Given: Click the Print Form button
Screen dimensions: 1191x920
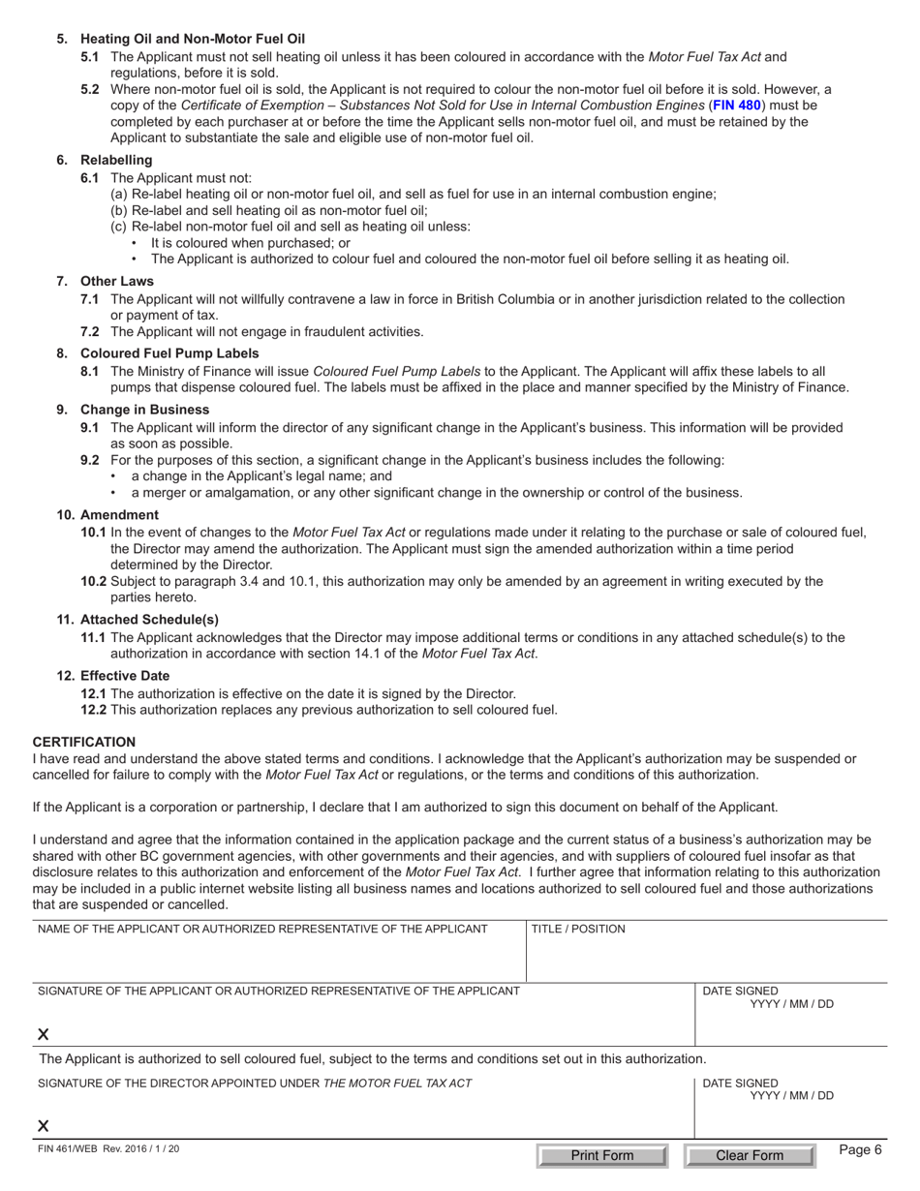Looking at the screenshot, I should point(601,1155).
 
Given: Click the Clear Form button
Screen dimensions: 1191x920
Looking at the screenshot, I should point(749,1155).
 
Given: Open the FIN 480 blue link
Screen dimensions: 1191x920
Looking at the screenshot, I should point(737,105).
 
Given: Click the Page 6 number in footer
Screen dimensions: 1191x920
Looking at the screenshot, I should point(860,1150).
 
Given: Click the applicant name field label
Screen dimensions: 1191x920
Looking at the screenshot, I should point(262,930).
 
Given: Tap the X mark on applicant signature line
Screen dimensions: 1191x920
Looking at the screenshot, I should point(44,1035).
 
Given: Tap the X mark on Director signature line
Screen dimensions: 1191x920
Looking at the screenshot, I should point(44,1126).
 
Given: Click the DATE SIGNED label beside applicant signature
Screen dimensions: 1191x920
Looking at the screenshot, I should point(740,991).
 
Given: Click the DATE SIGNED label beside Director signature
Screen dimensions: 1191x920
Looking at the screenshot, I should point(740,1083).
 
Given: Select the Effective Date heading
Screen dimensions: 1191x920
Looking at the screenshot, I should point(125,676).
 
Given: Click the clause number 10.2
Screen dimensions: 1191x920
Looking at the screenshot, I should point(95,581).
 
